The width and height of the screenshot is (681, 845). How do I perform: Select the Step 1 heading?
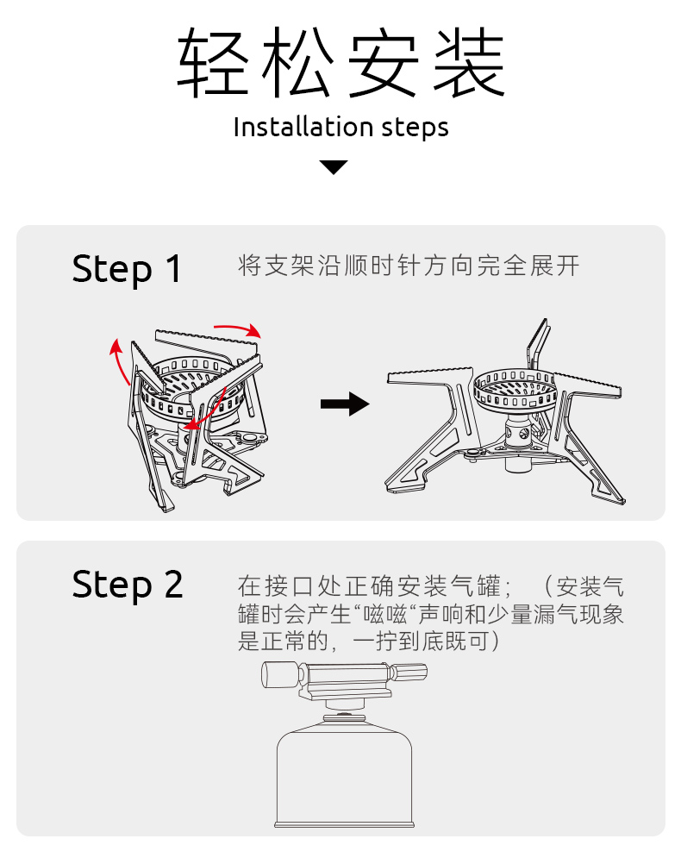(x=127, y=269)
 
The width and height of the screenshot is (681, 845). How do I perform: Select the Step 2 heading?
(x=127, y=585)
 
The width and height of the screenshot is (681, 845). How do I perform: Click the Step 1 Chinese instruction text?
(x=409, y=266)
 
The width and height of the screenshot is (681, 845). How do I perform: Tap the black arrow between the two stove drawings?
(x=344, y=404)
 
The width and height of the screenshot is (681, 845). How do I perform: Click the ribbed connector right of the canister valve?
(x=409, y=673)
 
